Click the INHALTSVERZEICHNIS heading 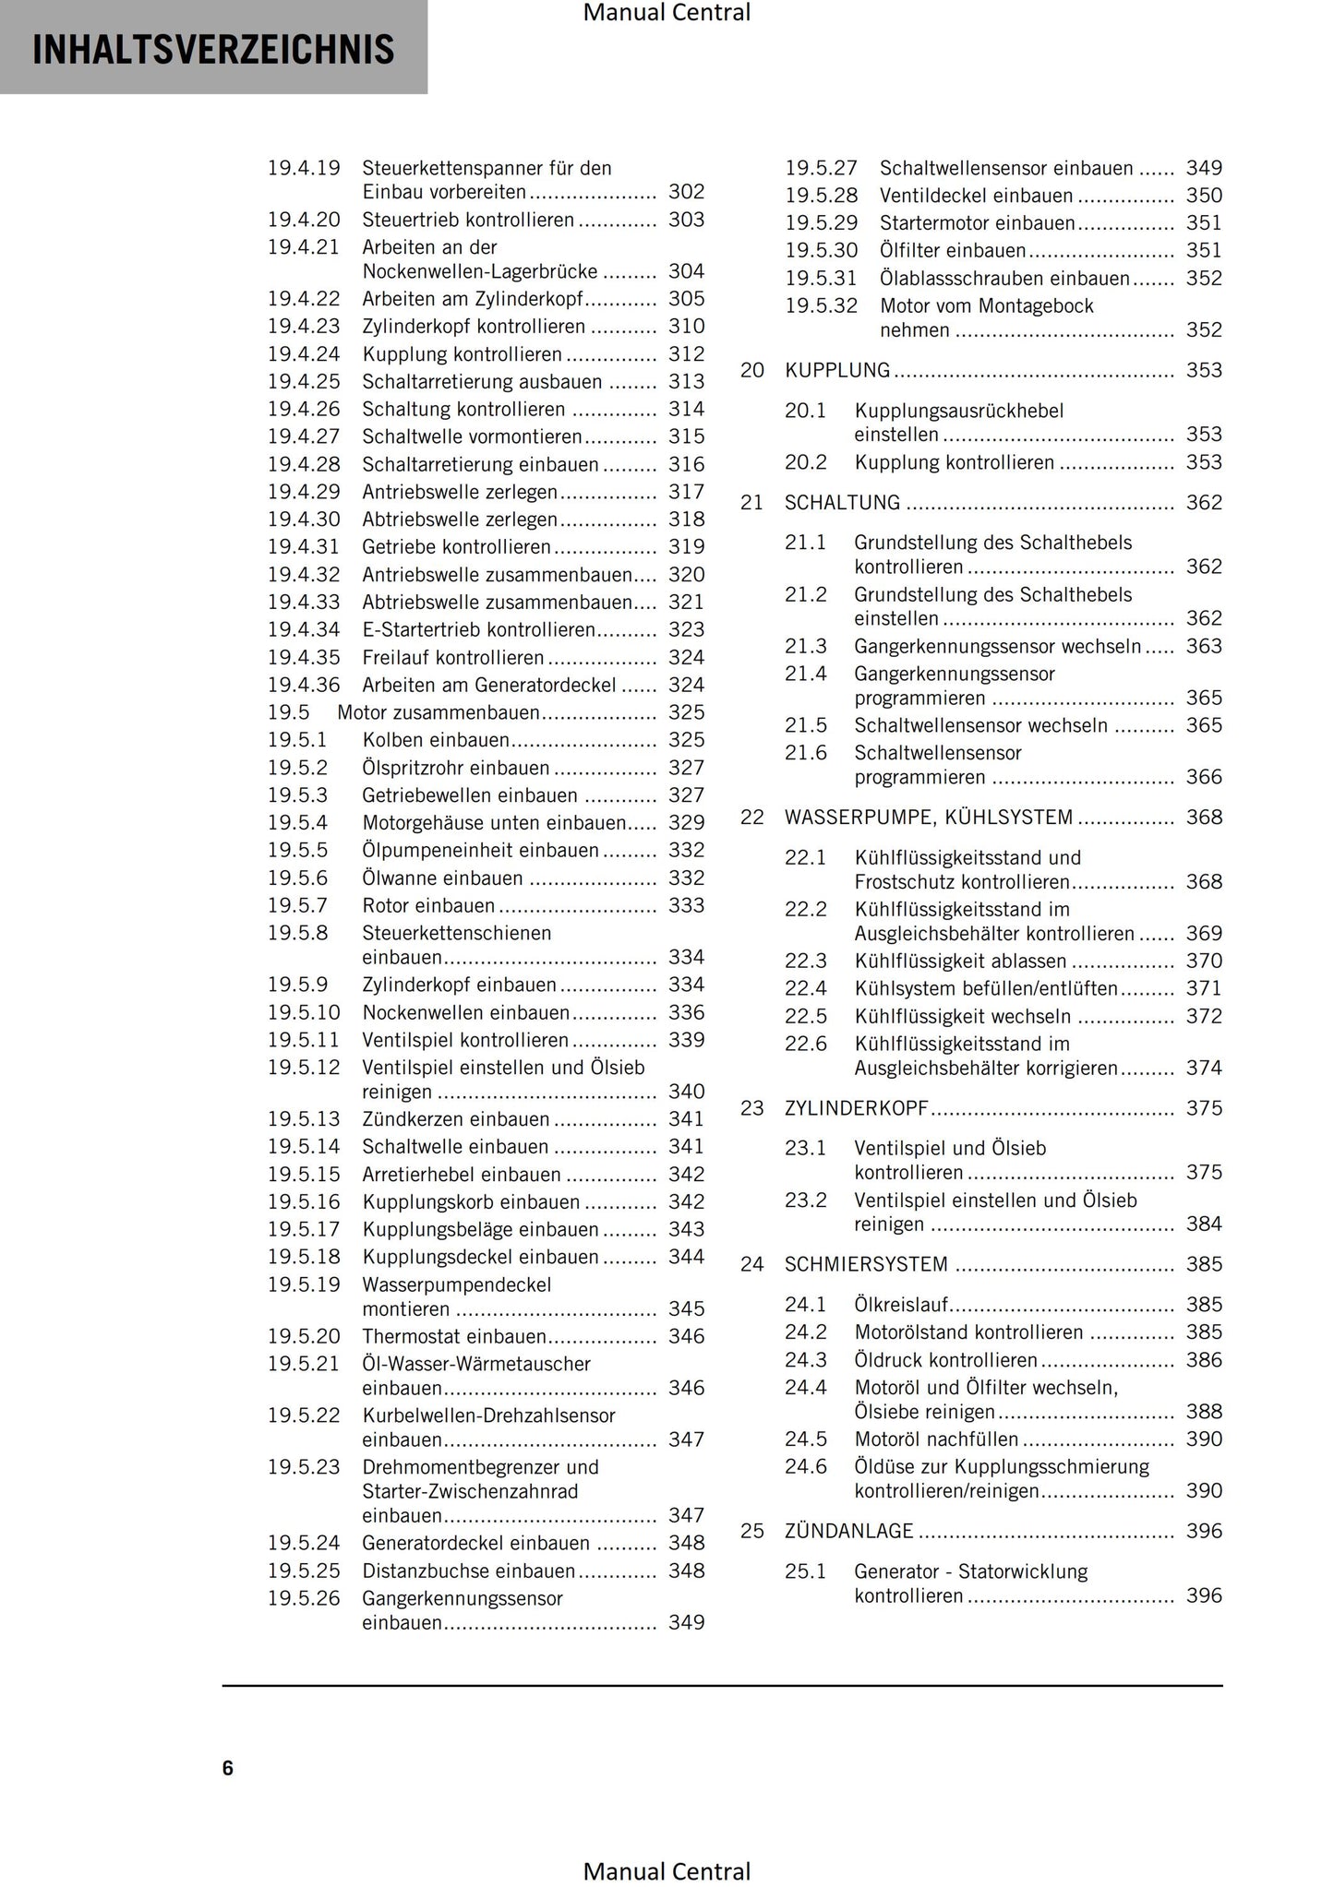click(x=213, y=50)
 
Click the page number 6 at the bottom click(x=227, y=1768)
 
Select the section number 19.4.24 click(x=304, y=354)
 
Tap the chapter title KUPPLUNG click(x=837, y=370)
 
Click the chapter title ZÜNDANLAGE click(x=848, y=1531)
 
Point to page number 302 click(x=686, y=192)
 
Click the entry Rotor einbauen click(x=428, y=906)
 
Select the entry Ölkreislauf click(x=901, y=1305)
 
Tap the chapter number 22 click(x=752, y=818)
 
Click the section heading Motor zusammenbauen click(x=439, y=712)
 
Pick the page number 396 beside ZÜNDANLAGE click(x=1204, y=1531)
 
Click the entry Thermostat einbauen click(x=454, y=1336)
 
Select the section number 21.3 click(x=805, y=646)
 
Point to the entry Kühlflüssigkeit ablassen click(x=960, y=961)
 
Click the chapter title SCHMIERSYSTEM click(x=866, y=1264)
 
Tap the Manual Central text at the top click(x=667, y=13)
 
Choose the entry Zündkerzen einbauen click(x=456, y=1119)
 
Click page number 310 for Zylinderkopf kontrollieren click(x=686, y=327)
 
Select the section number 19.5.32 click(x=821, y=306)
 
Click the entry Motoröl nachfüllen click(x=936, y=1439)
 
